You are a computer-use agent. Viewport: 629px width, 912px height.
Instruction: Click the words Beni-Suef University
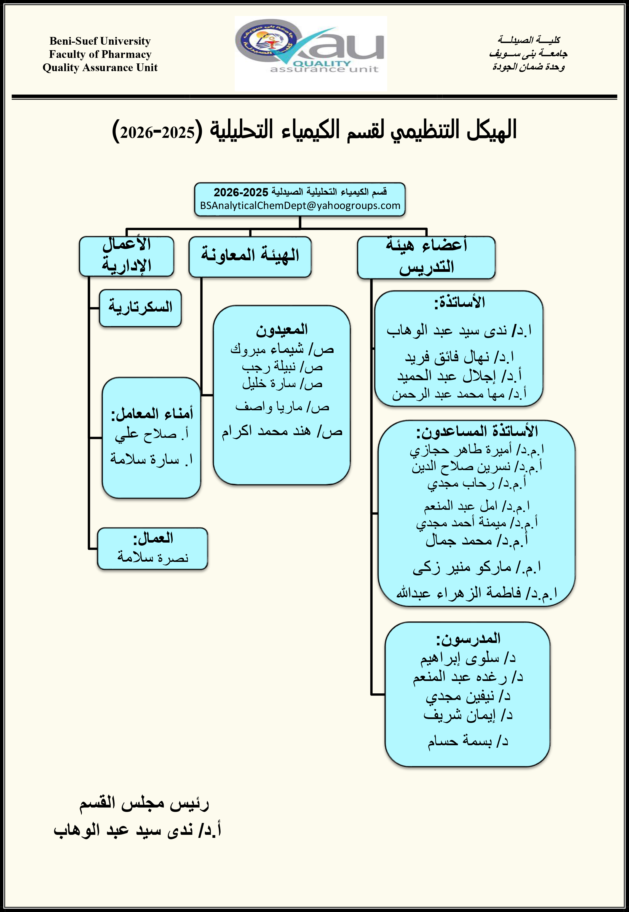click(x=100, y=41)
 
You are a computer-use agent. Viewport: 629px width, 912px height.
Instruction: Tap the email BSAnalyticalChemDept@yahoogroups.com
click(x=300, y=206)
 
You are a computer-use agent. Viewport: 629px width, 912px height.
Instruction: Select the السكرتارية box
click(x=140, y=308)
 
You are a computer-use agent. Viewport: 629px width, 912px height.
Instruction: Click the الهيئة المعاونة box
click(x=250, y=256)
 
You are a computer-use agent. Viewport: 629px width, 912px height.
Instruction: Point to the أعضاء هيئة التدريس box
click(x=426, y=257)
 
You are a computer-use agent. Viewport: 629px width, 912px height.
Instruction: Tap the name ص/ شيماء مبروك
click(x=282, y=349)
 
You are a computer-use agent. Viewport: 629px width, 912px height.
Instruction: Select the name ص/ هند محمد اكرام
click(x=282, y=431)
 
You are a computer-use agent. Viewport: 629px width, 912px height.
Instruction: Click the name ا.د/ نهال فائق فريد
click(x=459, y=357)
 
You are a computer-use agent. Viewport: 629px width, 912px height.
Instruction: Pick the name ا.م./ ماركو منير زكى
click(x=477, y=567)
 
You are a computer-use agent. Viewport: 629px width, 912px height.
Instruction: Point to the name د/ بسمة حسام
click(x=468, y=741)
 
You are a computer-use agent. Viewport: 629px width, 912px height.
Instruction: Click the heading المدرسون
click(x=468, y=639)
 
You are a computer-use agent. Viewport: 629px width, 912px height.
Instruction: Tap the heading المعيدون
click(x=282, y=329)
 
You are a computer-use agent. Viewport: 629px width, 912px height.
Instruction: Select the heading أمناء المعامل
click(x=152, y=414)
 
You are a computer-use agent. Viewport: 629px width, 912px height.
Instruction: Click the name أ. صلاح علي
click(x=152, y=434)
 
